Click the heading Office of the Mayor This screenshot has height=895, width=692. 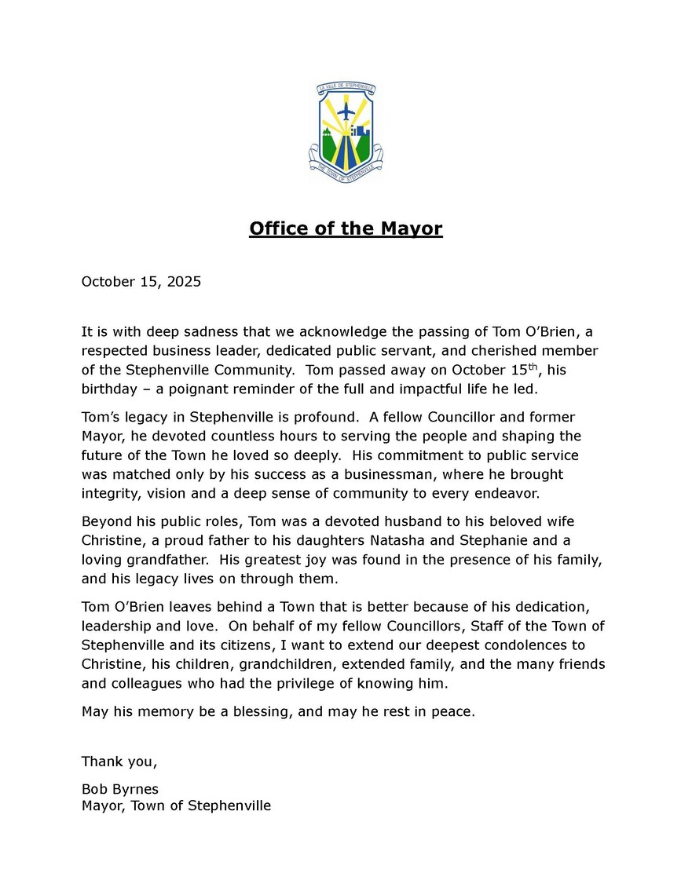[346, 228]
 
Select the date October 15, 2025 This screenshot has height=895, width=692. [141, 281]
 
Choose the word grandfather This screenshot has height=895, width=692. [172, 560]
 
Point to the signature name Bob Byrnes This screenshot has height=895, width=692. [119, 788]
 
